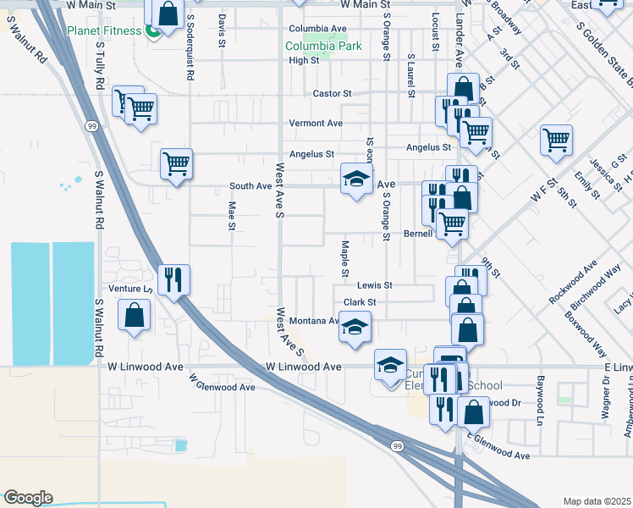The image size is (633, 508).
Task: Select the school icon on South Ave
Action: point(356,179)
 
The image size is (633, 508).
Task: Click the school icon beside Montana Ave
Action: point(355,327)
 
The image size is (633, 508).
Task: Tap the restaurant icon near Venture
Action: point(173,279)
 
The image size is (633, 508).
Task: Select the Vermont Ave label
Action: point(316,124)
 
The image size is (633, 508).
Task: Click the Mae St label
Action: point(231,215)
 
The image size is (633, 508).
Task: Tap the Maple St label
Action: point(345,258)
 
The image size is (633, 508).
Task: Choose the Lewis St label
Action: point(374,286)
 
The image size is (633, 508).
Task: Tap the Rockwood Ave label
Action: point(572,282)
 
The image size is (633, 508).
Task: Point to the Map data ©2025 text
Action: point(596,501)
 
